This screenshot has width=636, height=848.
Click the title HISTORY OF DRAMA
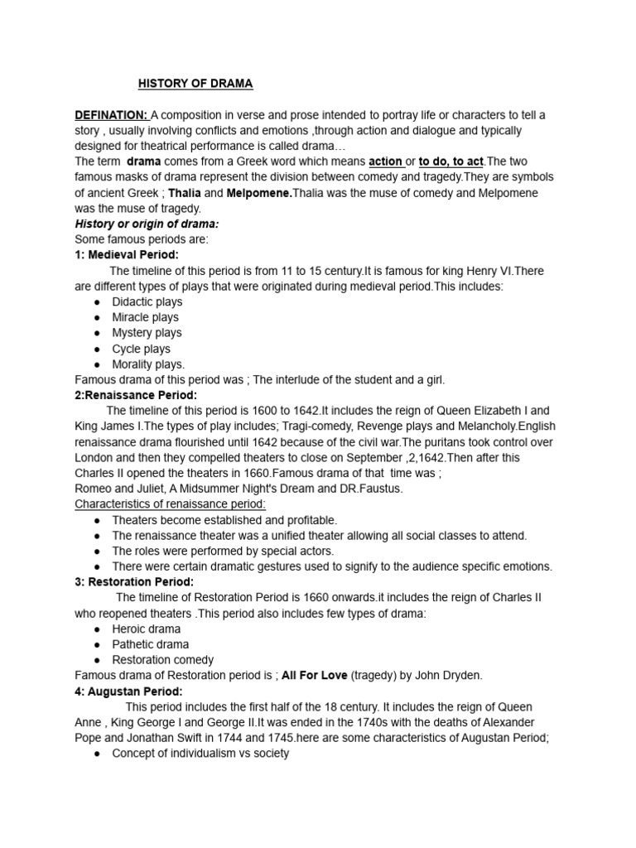click(195, 84)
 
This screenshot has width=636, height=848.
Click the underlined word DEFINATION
click(111, 114)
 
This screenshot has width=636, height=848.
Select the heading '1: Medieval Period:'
click(127, 255)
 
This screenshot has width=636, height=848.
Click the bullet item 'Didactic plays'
click(147, 301)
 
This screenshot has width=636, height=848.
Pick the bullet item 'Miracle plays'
click(145, 317)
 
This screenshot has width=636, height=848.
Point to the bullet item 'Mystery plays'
click(147, 333)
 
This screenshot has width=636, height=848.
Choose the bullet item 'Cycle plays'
click(141, 349)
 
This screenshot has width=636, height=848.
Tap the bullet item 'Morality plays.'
click(148, 364)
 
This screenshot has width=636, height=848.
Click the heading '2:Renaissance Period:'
click(136, 395)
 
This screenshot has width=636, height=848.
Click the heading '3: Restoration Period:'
click(134, 582)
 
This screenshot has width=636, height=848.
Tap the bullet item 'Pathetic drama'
click(150, 644)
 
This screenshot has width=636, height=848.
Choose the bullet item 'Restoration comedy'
click(162, 660)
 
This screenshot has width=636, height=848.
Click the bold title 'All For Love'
click(314, 676)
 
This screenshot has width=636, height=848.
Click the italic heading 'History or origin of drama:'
click(147, 224)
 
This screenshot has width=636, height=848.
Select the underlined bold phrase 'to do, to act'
click(451, 161)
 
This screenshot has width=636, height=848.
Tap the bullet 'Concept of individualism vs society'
click(200, 754)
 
